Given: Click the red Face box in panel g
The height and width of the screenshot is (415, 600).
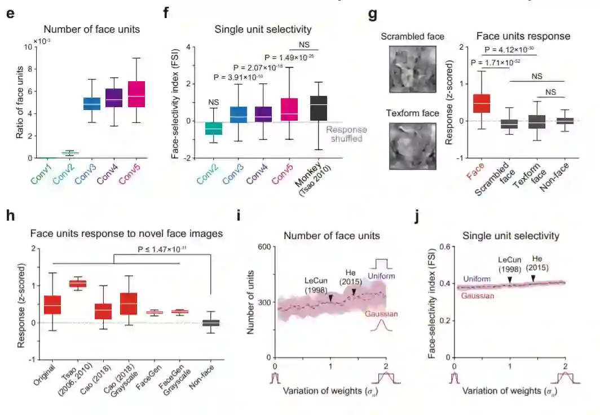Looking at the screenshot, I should [481, 104].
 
